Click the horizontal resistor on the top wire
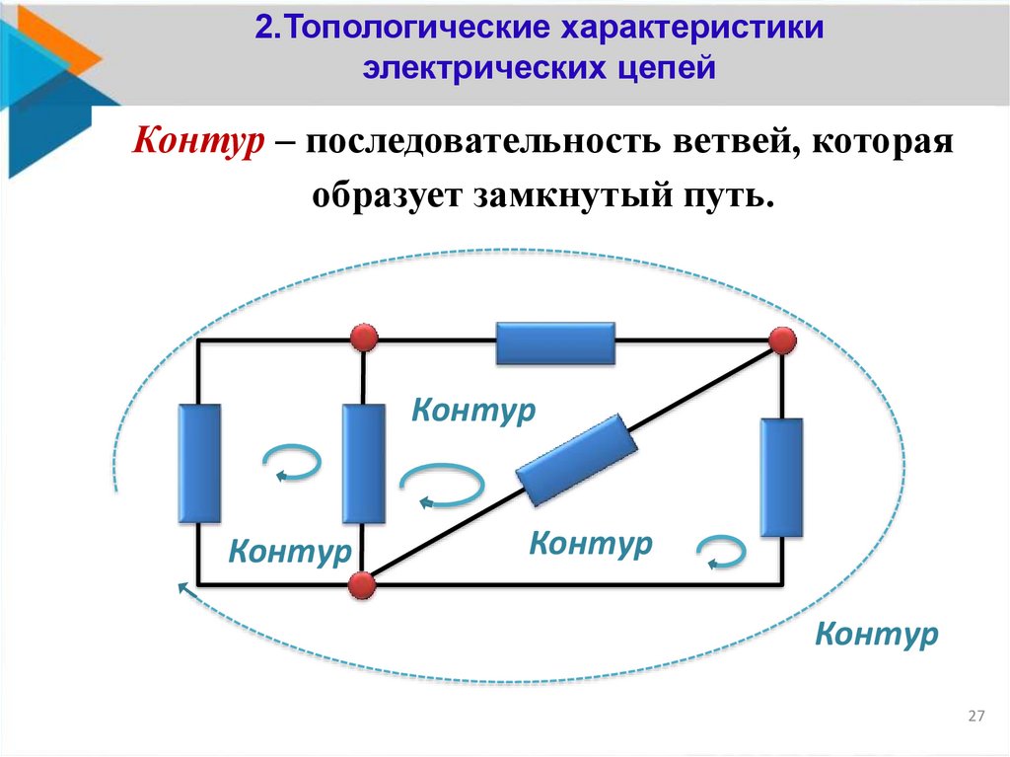555,343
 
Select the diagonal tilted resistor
574,459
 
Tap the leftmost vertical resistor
199,463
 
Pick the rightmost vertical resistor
781,477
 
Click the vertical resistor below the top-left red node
363,463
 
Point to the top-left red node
364,339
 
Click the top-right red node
783,341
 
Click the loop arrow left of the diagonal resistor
443,487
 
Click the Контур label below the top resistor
473,410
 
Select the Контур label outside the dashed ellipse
877,634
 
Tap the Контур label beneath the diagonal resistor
591,543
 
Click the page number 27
976,716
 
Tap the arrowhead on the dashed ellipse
182,587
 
